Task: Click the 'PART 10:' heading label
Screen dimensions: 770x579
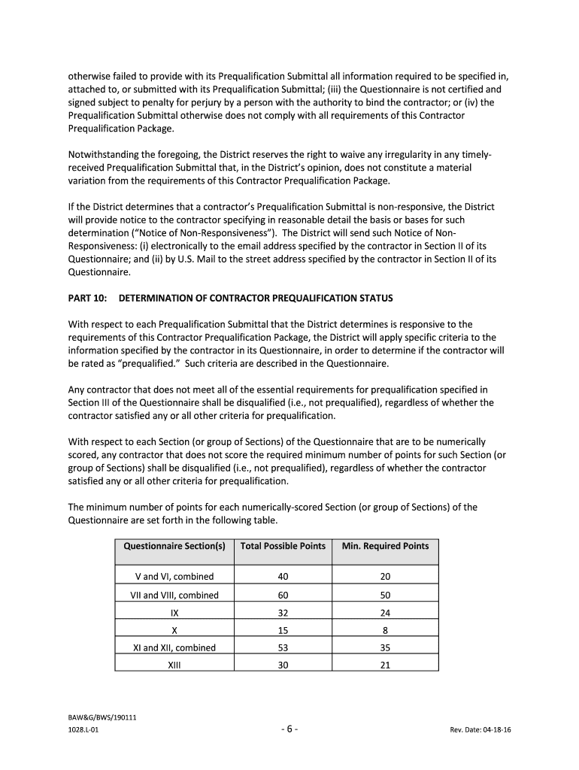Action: (86, 299)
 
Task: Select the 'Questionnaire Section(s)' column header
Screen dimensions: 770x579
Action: (174, 546)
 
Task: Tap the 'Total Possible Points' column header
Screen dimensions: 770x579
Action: (283, 546)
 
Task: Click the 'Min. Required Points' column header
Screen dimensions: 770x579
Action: (385, 546)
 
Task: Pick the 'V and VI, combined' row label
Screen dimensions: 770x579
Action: (174, 577)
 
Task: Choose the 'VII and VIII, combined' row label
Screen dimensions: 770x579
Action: (174, 595)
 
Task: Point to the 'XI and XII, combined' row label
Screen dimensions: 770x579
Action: (174, 647)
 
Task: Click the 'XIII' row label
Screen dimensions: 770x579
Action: (174, 665)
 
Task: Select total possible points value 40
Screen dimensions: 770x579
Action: (283, 577)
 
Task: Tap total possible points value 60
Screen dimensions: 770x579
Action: (283, 595)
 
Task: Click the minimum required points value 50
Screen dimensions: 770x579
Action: (385, 595)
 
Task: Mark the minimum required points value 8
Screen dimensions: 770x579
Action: (385, 630)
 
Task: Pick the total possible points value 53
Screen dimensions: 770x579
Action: (283, 647)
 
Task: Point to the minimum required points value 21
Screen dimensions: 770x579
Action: (385, 665)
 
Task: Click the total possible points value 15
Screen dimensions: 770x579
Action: (283, 630)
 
